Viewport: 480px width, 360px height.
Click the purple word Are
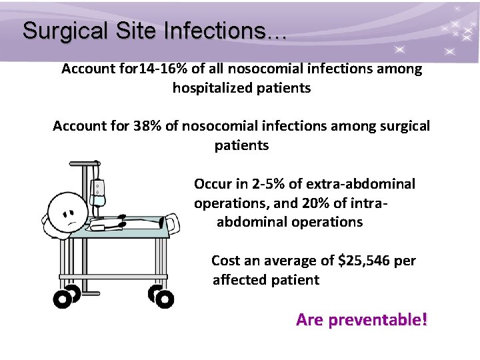(309, 320)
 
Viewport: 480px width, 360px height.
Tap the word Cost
(225, 261)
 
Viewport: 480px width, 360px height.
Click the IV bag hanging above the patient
(99, 188)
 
